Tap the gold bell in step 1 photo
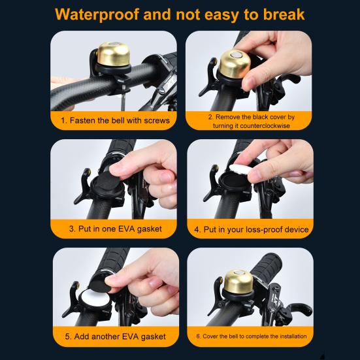click(x=112, y=59)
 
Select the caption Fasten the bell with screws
click(x=115, y=120)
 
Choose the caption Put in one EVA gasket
click(x=115, y=229)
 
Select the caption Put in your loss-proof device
click(x=251, y=229)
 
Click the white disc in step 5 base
click(x=93, y=304)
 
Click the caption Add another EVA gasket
click(x=115, y=337)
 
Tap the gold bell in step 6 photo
click(x=238, y=282)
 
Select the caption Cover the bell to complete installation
click(x=251, y=337)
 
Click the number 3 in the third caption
click(x=73, y=229)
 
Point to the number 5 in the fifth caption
click(x=68, y=337)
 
